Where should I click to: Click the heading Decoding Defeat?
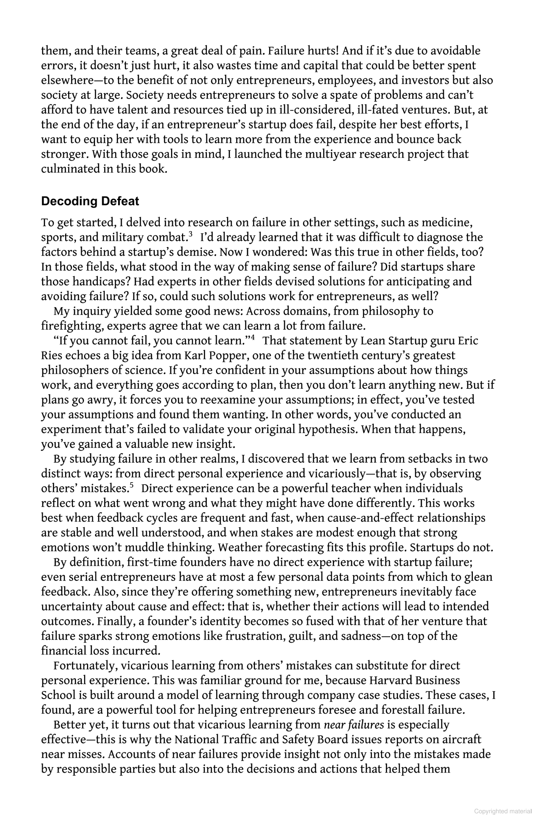pyautogui.click(x=90, y=201)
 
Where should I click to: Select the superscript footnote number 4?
pyautogui.click(x=253, y=338)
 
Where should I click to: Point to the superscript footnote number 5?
pyautogui.click(x=132, y=485)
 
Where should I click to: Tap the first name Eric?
pyautogui.click(x=468, y=340)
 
